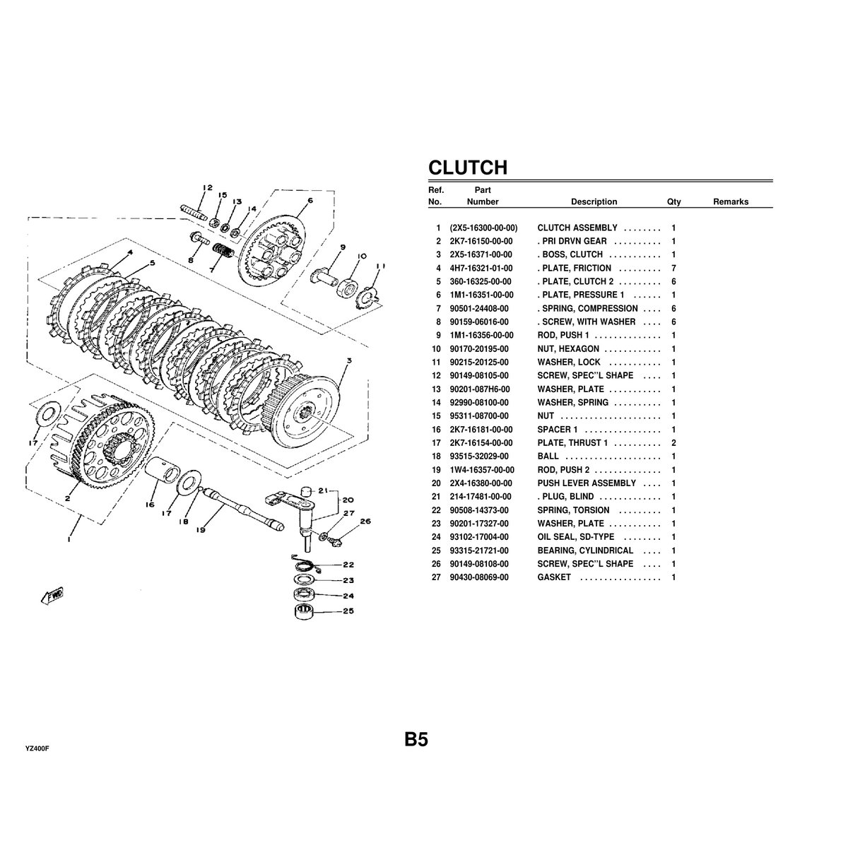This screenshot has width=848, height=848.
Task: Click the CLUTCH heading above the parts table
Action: pos(468,167)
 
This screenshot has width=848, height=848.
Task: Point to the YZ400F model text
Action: pos(37,748)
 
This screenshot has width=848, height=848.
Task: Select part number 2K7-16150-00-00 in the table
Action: pos(481,242)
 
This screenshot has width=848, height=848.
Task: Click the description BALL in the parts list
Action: pos(548,457)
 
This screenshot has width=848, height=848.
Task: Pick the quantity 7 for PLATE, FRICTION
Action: pos(673,269)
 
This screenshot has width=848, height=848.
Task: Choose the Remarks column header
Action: pos(730,202)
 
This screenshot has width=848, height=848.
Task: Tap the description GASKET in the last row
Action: pos(554,578)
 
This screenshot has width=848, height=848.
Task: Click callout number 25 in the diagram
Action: pos(348,612)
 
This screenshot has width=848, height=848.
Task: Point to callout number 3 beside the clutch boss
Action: pos(348,360)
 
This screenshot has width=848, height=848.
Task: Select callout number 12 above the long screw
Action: pos(207,188)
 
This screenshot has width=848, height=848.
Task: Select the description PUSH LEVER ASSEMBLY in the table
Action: pos(587,483)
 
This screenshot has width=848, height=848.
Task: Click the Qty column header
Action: pos(673,202)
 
